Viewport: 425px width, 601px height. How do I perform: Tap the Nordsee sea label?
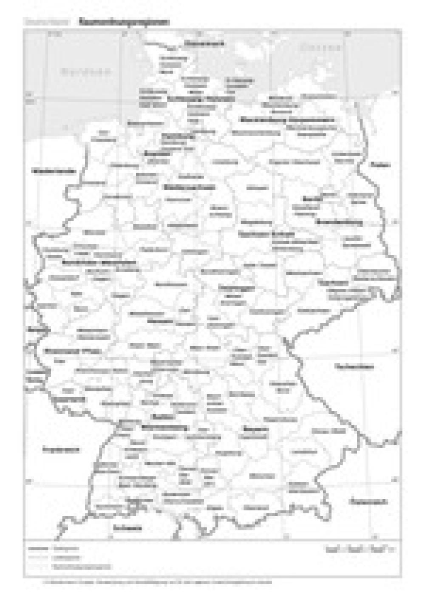(85, 71)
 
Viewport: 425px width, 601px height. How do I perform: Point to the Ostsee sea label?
(320, 48)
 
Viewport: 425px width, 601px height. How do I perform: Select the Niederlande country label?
(54, 171)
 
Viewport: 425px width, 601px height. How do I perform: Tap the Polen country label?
(380, 165)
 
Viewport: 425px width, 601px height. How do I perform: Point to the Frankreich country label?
(61, 450)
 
